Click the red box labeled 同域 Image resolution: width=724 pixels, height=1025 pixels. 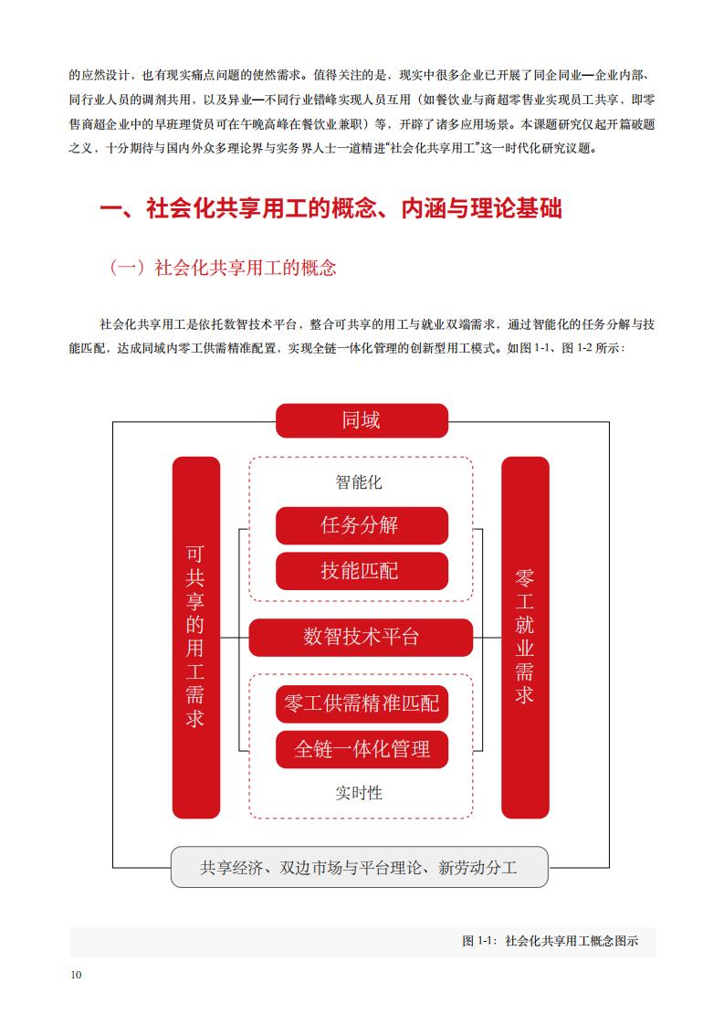[362, 420]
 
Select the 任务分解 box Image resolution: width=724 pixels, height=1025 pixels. [362, 525]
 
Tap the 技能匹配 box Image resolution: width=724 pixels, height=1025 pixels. [362, 571]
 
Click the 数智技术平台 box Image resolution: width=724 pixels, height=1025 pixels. [361, 638]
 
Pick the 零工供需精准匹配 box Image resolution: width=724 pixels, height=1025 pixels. [362, 704]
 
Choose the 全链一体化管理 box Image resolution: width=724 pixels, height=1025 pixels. [362, 749]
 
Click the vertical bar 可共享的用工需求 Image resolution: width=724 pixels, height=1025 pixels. [196, 638]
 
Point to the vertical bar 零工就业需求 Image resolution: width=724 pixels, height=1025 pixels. [525, 638]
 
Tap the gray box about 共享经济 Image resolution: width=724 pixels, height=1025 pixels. [360, 868]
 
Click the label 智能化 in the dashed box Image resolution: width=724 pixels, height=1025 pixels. [359, 482]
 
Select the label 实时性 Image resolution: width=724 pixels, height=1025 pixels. [359, 793]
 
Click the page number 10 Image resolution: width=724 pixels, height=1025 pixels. [76, 975]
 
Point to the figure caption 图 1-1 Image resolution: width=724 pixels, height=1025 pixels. [551, 941]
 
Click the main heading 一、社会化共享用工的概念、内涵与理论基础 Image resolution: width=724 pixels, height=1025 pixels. [331, 208]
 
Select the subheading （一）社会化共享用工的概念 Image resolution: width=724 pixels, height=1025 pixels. [222, 268]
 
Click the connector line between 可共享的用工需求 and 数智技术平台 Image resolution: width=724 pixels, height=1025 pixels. [235, 638]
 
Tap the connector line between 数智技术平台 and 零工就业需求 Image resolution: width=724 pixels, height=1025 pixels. [487, 638]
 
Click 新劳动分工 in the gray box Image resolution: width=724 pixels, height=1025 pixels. [477, 868]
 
